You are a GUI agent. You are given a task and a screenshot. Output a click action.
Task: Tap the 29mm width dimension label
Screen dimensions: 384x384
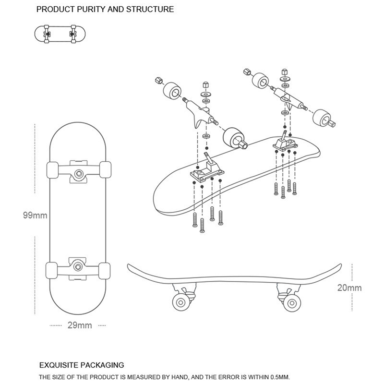click(80, 325)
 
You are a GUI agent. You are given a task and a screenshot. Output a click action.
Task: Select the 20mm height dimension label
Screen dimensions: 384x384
click(349, 288)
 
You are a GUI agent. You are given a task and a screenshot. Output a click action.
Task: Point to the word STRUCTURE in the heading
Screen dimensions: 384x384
click(149, 9)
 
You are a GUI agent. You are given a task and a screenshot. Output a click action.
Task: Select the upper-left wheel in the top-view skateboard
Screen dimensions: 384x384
click(52, 171)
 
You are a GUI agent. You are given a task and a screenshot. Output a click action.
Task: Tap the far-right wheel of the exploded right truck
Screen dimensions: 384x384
click(321, 117)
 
